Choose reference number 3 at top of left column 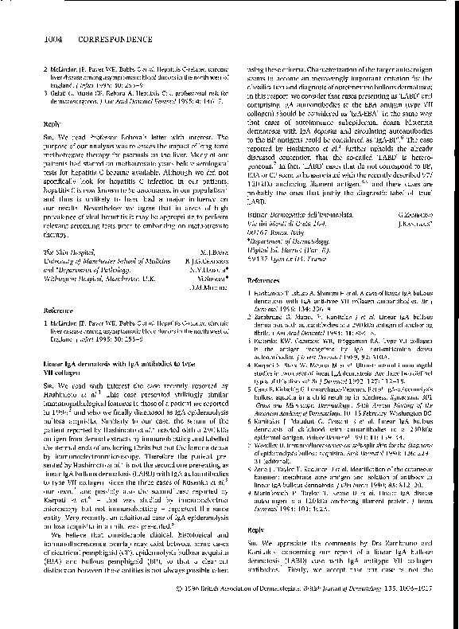[x=45, y=91]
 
